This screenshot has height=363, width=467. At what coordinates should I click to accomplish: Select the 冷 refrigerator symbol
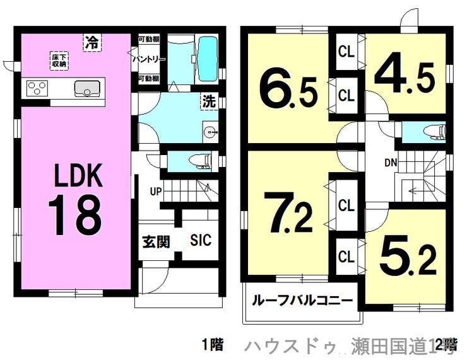point(92,43)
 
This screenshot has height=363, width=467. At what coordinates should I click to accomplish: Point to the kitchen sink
point(86,89)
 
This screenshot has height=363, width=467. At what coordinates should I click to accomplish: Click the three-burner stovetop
point(38,88)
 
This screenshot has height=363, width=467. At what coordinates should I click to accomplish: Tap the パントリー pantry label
point(149,59)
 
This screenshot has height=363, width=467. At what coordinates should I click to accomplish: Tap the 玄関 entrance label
point(155,241)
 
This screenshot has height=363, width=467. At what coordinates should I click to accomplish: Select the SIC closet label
point(200,240)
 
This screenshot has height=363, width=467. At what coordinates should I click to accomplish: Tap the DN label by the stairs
point(391,162)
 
